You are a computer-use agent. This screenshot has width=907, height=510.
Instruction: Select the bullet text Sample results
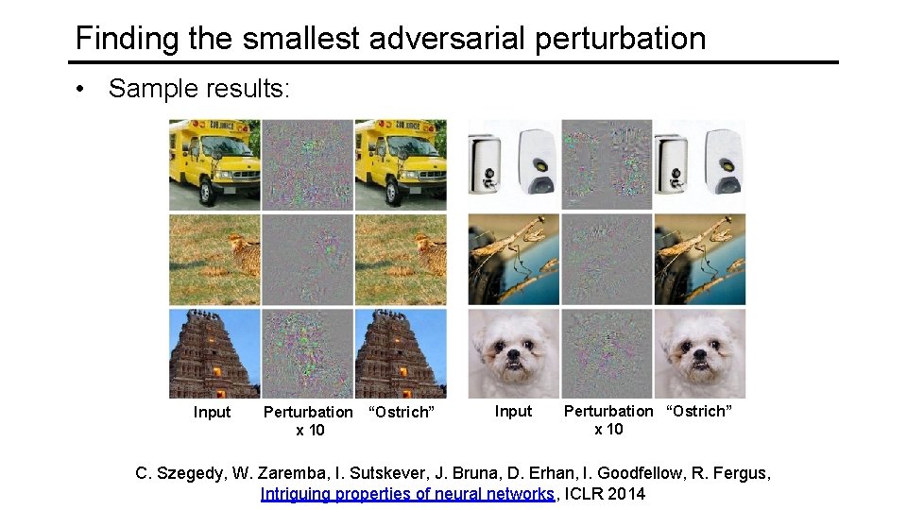click(200, 89)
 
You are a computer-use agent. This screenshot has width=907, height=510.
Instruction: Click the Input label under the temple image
click(212, 412)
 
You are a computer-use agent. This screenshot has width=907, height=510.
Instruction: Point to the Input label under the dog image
click(513, 411)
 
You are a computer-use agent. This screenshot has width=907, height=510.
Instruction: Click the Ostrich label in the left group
click(401, 412)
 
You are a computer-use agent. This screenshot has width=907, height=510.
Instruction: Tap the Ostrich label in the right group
click(700, 411)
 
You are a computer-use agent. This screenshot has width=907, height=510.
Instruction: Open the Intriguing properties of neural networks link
click(408, 493)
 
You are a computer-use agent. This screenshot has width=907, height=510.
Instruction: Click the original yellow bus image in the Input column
click(214, 164)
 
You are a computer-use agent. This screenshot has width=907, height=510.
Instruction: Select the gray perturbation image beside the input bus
click(307, 164)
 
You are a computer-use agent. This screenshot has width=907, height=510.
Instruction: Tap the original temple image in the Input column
click(214, 353)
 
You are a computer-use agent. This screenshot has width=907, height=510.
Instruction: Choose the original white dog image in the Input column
click(513, 353)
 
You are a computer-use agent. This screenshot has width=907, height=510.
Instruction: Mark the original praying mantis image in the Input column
click(513, 259)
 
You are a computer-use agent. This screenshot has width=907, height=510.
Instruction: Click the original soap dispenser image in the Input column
click(513, 164)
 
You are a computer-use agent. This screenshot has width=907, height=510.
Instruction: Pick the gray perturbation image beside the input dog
click(607, 353)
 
